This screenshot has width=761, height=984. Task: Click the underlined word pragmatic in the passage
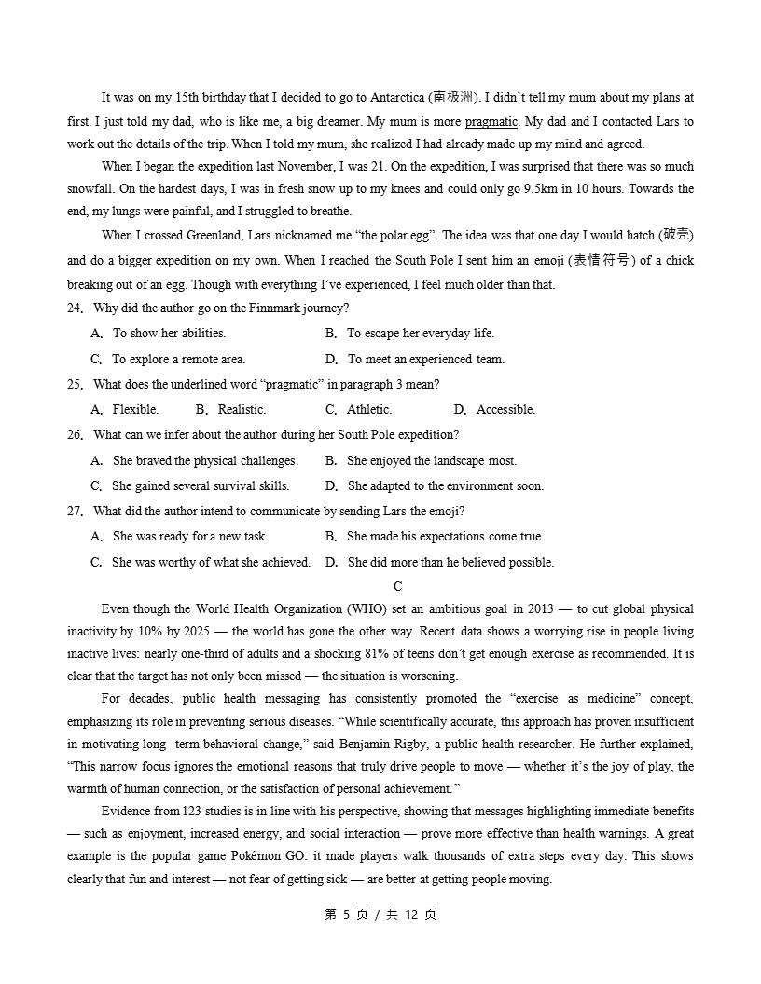tap(491, 121)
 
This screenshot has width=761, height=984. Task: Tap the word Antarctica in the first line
tap(394, 97)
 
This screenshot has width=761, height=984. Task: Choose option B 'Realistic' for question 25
tap(241, 409)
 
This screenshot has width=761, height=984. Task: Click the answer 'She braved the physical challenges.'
tap(204, 460)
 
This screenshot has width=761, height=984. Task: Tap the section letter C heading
tap(398, 586)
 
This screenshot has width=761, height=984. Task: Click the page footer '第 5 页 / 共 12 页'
tap(380, 914)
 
